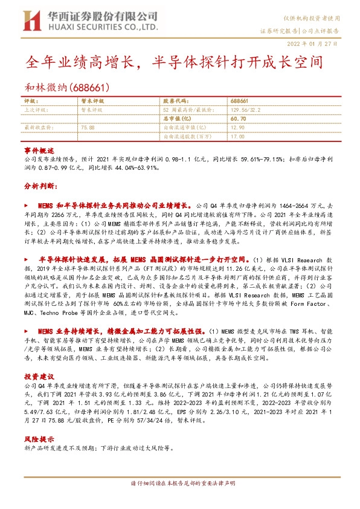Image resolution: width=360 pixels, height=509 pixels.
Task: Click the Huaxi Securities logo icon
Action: coord(28,22)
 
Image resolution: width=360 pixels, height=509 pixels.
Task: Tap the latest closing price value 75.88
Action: coord(88,128)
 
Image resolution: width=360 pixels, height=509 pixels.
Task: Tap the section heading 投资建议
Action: coord(39,375)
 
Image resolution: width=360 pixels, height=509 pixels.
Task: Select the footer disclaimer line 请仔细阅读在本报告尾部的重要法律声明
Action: coord(179,484)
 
